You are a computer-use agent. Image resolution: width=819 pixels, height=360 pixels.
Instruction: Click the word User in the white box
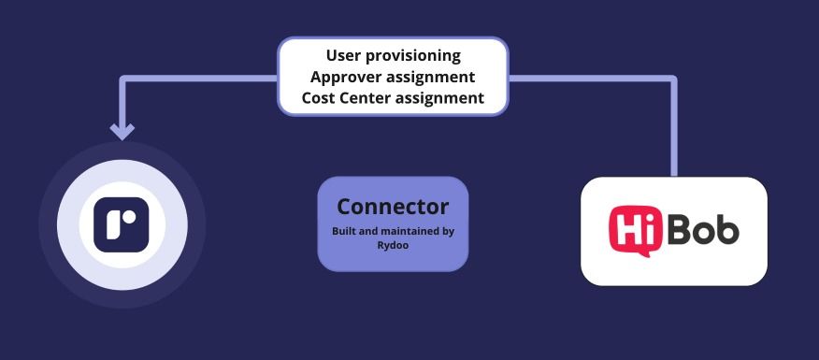(x=342, y=55)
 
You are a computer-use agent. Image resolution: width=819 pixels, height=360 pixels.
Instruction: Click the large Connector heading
(x=393, y=207)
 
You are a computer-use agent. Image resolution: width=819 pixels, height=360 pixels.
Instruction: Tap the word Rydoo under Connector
(x=393, y=245)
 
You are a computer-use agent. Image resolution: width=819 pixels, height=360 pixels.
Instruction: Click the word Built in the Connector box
(x=344, y=231)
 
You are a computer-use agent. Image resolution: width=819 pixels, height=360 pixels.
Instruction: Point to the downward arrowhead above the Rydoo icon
(x=122, y=131)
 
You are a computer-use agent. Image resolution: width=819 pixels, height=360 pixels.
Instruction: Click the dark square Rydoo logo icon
(x=122, y=224)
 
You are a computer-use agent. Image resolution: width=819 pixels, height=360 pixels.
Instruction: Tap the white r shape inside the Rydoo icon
(x=122, y=224)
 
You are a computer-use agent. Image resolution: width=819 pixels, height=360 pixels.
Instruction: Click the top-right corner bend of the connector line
(x=674, y=79)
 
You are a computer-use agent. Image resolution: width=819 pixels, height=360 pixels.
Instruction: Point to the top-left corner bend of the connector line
(x=122, y=79)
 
